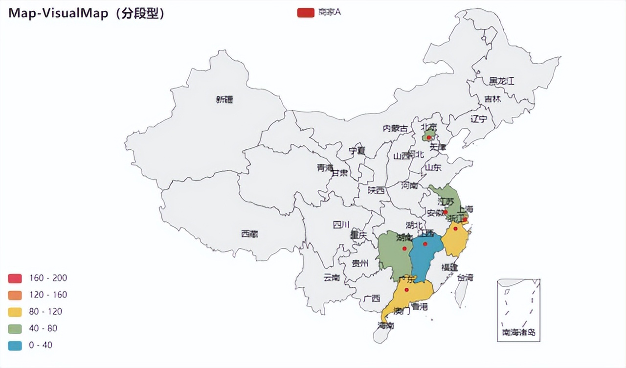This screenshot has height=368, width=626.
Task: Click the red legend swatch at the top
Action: coord(306,12)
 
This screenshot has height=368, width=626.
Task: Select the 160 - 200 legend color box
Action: coord(15,278)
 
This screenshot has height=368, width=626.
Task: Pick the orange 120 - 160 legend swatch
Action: coord(15,295)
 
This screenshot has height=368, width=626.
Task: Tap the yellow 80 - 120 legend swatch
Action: coord(15,312)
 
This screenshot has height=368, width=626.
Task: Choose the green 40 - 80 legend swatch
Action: coord(15,328)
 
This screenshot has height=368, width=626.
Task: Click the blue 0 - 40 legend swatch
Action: coord(15,345)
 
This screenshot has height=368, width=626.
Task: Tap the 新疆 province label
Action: coord(224,100)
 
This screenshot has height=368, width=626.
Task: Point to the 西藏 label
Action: coord(249,234)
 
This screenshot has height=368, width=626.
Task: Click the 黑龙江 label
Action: coord(502,81)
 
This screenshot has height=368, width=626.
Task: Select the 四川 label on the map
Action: coord(341,225)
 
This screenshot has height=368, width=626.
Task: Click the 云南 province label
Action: coord(332,278)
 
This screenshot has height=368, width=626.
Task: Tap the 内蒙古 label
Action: coord(395,129)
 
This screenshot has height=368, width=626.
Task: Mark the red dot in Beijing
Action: coord(429,138)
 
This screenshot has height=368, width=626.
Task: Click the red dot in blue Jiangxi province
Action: coord(425,244)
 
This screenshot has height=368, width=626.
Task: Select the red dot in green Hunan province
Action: coord(404,249)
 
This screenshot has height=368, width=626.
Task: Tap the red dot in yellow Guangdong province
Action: coord(407,290)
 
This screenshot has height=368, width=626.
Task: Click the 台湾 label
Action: coord(465,277)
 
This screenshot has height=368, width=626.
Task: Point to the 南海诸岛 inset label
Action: coord(518,333)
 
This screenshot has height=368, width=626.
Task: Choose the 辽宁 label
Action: coord(479,118)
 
